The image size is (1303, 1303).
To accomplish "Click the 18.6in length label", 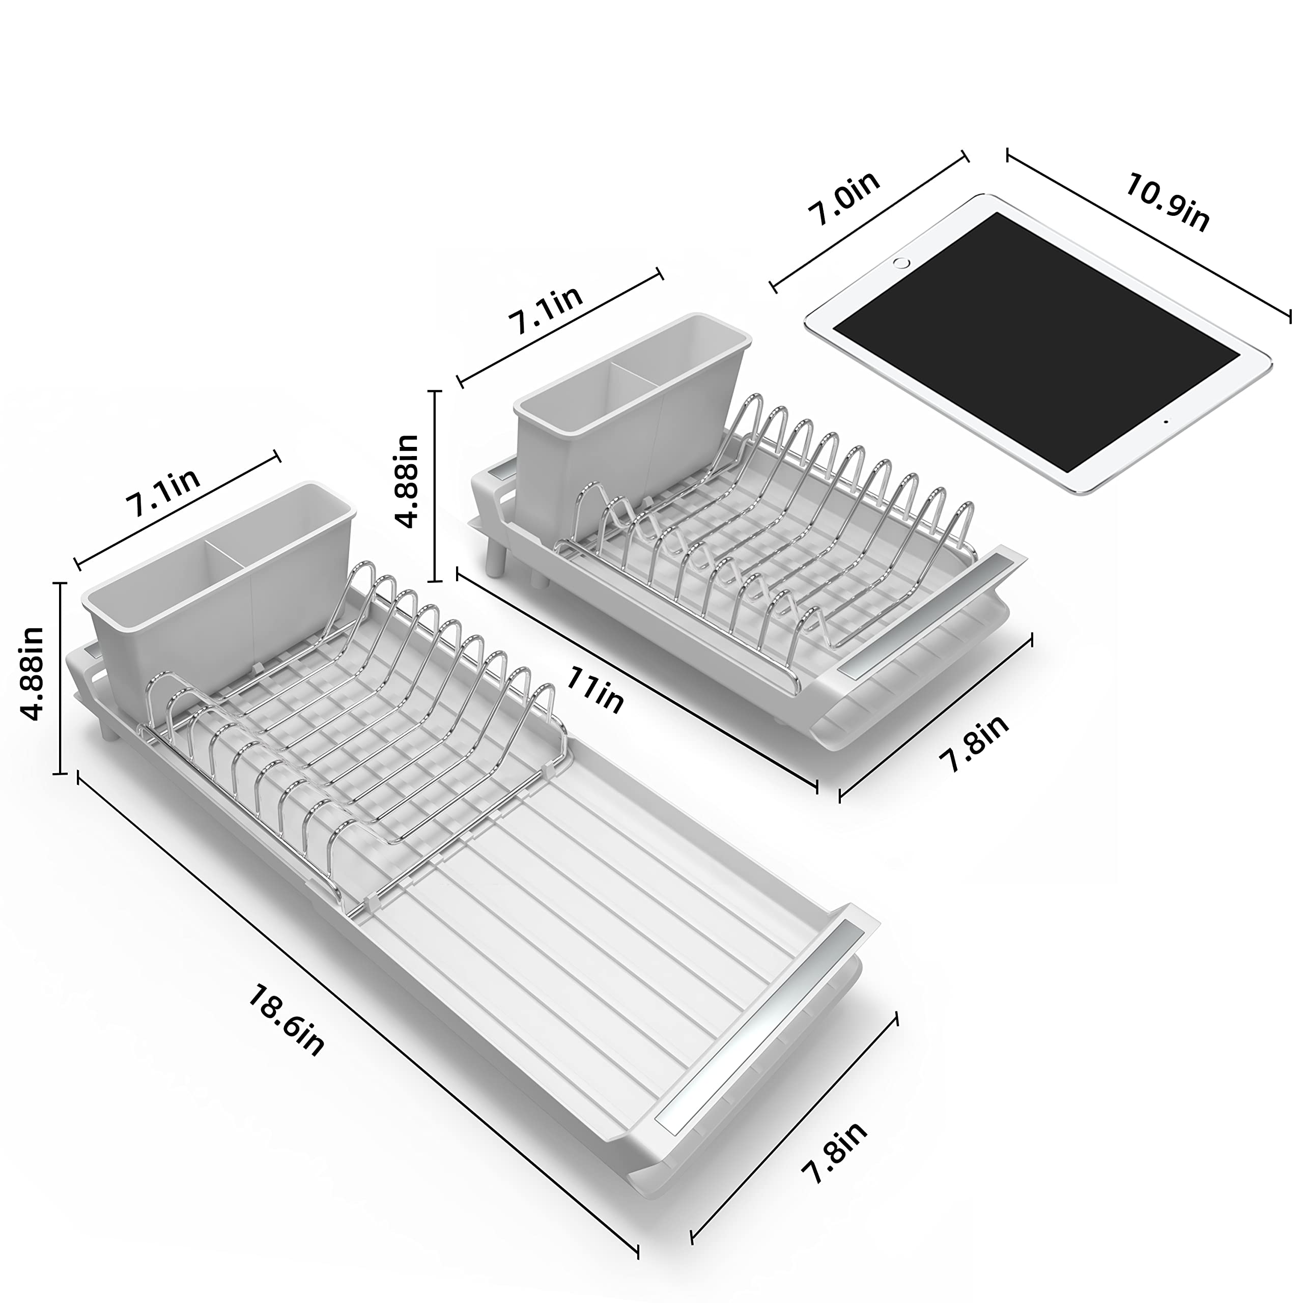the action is [287, 1019].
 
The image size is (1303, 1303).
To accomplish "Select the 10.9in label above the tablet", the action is [1167, 203].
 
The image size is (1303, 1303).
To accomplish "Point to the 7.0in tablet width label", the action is [844, 199].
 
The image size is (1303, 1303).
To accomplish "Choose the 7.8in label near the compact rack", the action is [975, 743].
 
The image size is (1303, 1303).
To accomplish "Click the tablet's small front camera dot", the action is [1166, 421].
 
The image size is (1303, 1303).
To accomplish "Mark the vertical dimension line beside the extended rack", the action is [62, 678].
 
